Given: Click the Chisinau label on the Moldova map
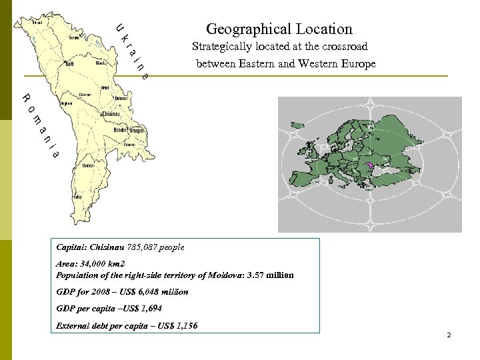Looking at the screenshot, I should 109,115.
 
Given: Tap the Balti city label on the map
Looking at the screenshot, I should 69,65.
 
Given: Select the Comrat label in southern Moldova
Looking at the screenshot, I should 89,166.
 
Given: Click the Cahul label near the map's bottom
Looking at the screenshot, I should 77,197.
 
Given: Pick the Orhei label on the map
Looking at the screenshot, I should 105,87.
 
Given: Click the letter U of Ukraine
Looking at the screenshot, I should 118,27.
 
